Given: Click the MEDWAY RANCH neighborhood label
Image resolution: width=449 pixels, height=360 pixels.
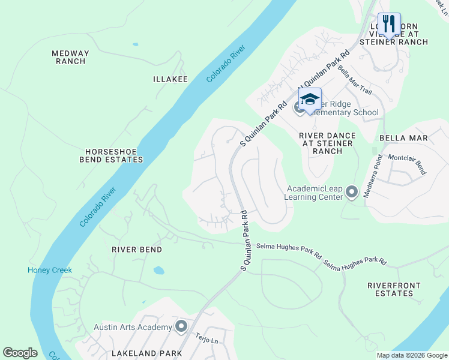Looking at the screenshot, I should (x=70, y=57).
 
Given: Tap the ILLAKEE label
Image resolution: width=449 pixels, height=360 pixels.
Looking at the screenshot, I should (x=170, y=79).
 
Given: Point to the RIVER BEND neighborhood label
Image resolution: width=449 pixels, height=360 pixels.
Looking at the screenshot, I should (x=137, y=249).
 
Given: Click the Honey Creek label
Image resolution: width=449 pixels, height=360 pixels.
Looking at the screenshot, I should (x=50, y=270).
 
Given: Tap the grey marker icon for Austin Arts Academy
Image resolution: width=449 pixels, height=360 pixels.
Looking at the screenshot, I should (x=181, y=326).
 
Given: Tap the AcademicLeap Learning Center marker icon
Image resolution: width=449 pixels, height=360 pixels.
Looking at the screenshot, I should (x=352, y=192).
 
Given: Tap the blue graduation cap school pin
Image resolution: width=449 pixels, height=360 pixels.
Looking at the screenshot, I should (x=310, y=100).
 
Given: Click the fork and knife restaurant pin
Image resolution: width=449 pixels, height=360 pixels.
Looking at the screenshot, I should (x=389, y=25).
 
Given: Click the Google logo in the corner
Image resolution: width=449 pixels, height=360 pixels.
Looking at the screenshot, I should (x=20, y=353).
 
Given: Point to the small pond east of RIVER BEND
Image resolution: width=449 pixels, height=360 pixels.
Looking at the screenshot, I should (x=158, y=270).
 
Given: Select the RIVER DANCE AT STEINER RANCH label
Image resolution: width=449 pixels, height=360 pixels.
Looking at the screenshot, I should (x=327, y=143).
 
